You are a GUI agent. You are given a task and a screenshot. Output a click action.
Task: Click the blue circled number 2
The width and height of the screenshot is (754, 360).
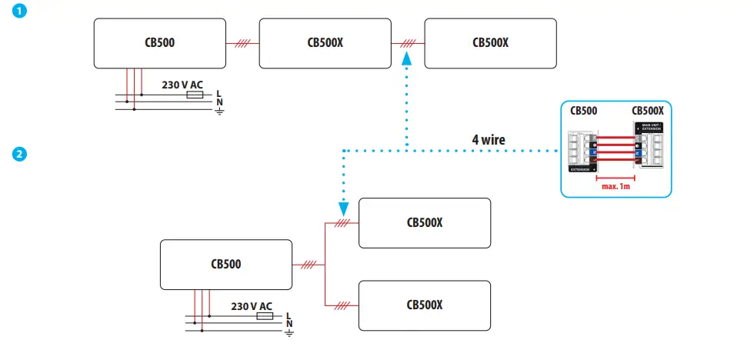point(18,154)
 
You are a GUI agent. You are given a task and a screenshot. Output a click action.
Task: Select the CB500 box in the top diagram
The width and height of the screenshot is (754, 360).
point(159,43)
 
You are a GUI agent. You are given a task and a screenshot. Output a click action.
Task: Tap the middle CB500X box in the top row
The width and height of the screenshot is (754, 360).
point(325,43)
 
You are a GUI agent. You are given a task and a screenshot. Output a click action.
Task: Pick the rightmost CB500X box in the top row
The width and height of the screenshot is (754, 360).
point(490,43)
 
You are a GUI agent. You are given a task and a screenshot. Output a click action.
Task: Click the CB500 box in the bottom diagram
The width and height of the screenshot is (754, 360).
point(225,264)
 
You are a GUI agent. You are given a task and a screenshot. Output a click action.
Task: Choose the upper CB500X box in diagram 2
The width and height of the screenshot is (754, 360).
point(425,223)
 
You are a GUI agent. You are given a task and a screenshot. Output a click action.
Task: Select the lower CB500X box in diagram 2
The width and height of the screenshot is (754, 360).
point(425,305)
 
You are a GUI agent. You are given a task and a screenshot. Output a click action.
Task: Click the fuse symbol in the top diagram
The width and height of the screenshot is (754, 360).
point(195,95)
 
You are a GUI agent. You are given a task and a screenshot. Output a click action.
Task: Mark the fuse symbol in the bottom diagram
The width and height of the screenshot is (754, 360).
point(264,316)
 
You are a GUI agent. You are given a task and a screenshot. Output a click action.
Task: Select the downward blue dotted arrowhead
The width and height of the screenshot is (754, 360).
point(342,207)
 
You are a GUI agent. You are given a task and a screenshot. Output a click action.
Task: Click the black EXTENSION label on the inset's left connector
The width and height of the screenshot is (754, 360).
point(582,168)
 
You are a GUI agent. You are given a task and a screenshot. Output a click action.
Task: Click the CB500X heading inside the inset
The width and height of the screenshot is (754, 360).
point(648,111)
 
